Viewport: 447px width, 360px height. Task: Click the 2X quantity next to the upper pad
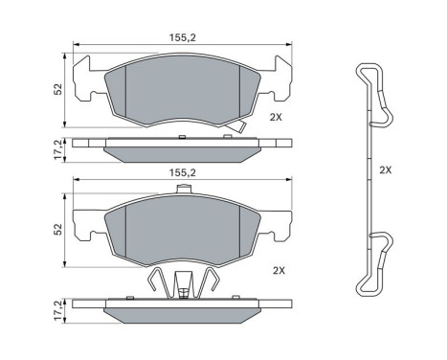[x=276, y=117]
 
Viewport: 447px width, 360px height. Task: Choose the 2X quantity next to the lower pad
[x=280, y=271]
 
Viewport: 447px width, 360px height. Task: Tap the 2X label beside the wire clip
[x=385, y=169]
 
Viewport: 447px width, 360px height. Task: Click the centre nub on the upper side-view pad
[x=181, y=138]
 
